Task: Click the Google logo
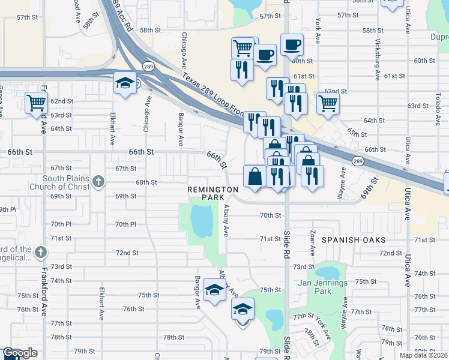(x=20, y=353)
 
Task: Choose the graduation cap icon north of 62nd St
(x=125, y=83)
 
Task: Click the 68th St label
(x=146, y=182)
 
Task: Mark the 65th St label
(x=356, y=133)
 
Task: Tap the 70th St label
(x=271, y=215)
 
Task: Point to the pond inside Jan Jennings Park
(x=329, y=275)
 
